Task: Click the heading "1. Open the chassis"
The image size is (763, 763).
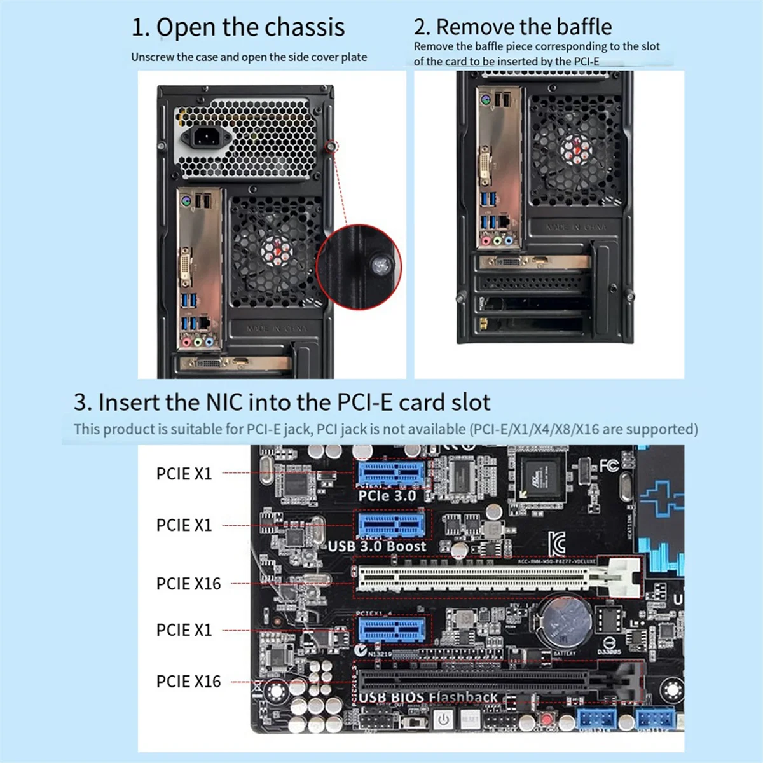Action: (238, 27)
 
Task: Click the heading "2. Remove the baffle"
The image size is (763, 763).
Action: (512, 27)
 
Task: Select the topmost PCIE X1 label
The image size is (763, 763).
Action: (184, 474)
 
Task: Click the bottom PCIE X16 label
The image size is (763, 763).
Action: (188, 682)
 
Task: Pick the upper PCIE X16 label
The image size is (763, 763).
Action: (188, 584)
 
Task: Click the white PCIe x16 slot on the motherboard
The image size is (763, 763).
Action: (483, 577)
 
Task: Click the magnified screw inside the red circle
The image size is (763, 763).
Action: (381, 265)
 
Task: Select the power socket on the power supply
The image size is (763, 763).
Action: (203, 136)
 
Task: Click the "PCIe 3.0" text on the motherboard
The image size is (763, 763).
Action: (387, 497)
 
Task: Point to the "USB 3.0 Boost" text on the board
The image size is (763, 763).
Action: (377, 546)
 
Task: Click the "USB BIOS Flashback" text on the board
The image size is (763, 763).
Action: (428, 698)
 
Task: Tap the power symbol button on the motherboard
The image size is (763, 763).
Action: (443, 720)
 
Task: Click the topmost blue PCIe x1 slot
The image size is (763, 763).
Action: (390, 474)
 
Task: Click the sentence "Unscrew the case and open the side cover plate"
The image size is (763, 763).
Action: (249, 57)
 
